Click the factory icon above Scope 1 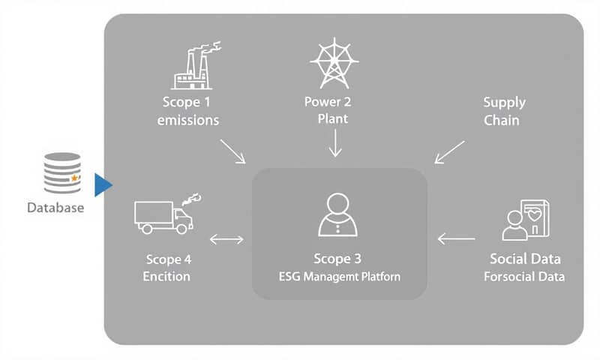(190, 67)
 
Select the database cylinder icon (63, 173)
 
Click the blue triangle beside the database (103, 184)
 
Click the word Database (55, 208)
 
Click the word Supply (504, 102)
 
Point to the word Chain (502, 120)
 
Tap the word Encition (166, 277)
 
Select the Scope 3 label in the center (337, 259)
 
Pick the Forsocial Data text (525, 277)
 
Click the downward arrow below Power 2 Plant (335, 142)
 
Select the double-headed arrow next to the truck (226, 240)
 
